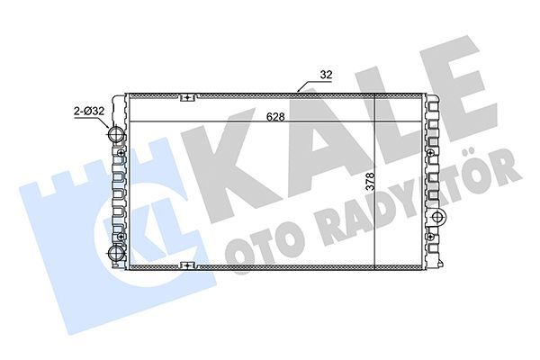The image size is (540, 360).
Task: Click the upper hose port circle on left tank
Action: (115, 135)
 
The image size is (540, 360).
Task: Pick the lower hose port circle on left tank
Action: (115, 252)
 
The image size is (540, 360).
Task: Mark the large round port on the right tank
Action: (438, 219)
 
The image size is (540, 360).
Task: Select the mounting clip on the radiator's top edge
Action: (187, 97)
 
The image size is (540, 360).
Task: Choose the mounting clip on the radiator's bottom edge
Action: (187, 265)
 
